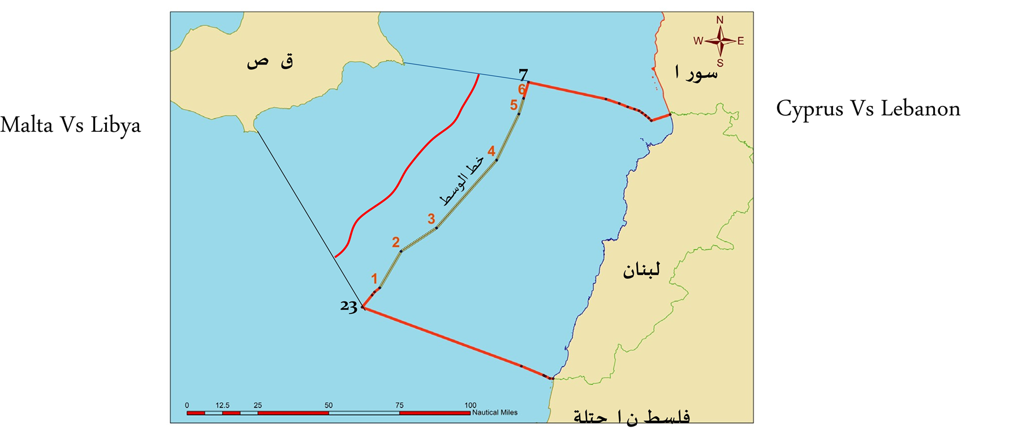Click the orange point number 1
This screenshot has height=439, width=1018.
[374, 278]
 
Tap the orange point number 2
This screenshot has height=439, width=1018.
[396, 242]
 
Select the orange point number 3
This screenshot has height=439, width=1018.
[431, 218]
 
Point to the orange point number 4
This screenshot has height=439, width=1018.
[491, 151]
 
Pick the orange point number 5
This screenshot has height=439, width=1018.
[514, 105]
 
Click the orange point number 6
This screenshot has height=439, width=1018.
[521, 89]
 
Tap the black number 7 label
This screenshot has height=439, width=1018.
[523, 75]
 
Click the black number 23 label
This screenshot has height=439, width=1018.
[348, 306]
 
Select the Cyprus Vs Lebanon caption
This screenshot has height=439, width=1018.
[868, 109]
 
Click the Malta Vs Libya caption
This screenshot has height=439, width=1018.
[71, 125]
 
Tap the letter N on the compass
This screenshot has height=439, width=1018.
[719, 20]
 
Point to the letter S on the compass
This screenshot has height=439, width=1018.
[720, 63]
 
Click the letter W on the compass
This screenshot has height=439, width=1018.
[698, 41]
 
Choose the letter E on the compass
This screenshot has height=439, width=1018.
[740, 41]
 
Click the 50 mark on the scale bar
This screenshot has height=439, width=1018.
[329, 406]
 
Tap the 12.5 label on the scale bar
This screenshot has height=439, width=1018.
[222, 406]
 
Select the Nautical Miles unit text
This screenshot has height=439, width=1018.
[494, 412]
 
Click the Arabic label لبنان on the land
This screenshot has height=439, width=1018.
[641, 270]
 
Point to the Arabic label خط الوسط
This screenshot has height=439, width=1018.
[462, 180]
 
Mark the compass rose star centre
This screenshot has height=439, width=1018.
[720, 41]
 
